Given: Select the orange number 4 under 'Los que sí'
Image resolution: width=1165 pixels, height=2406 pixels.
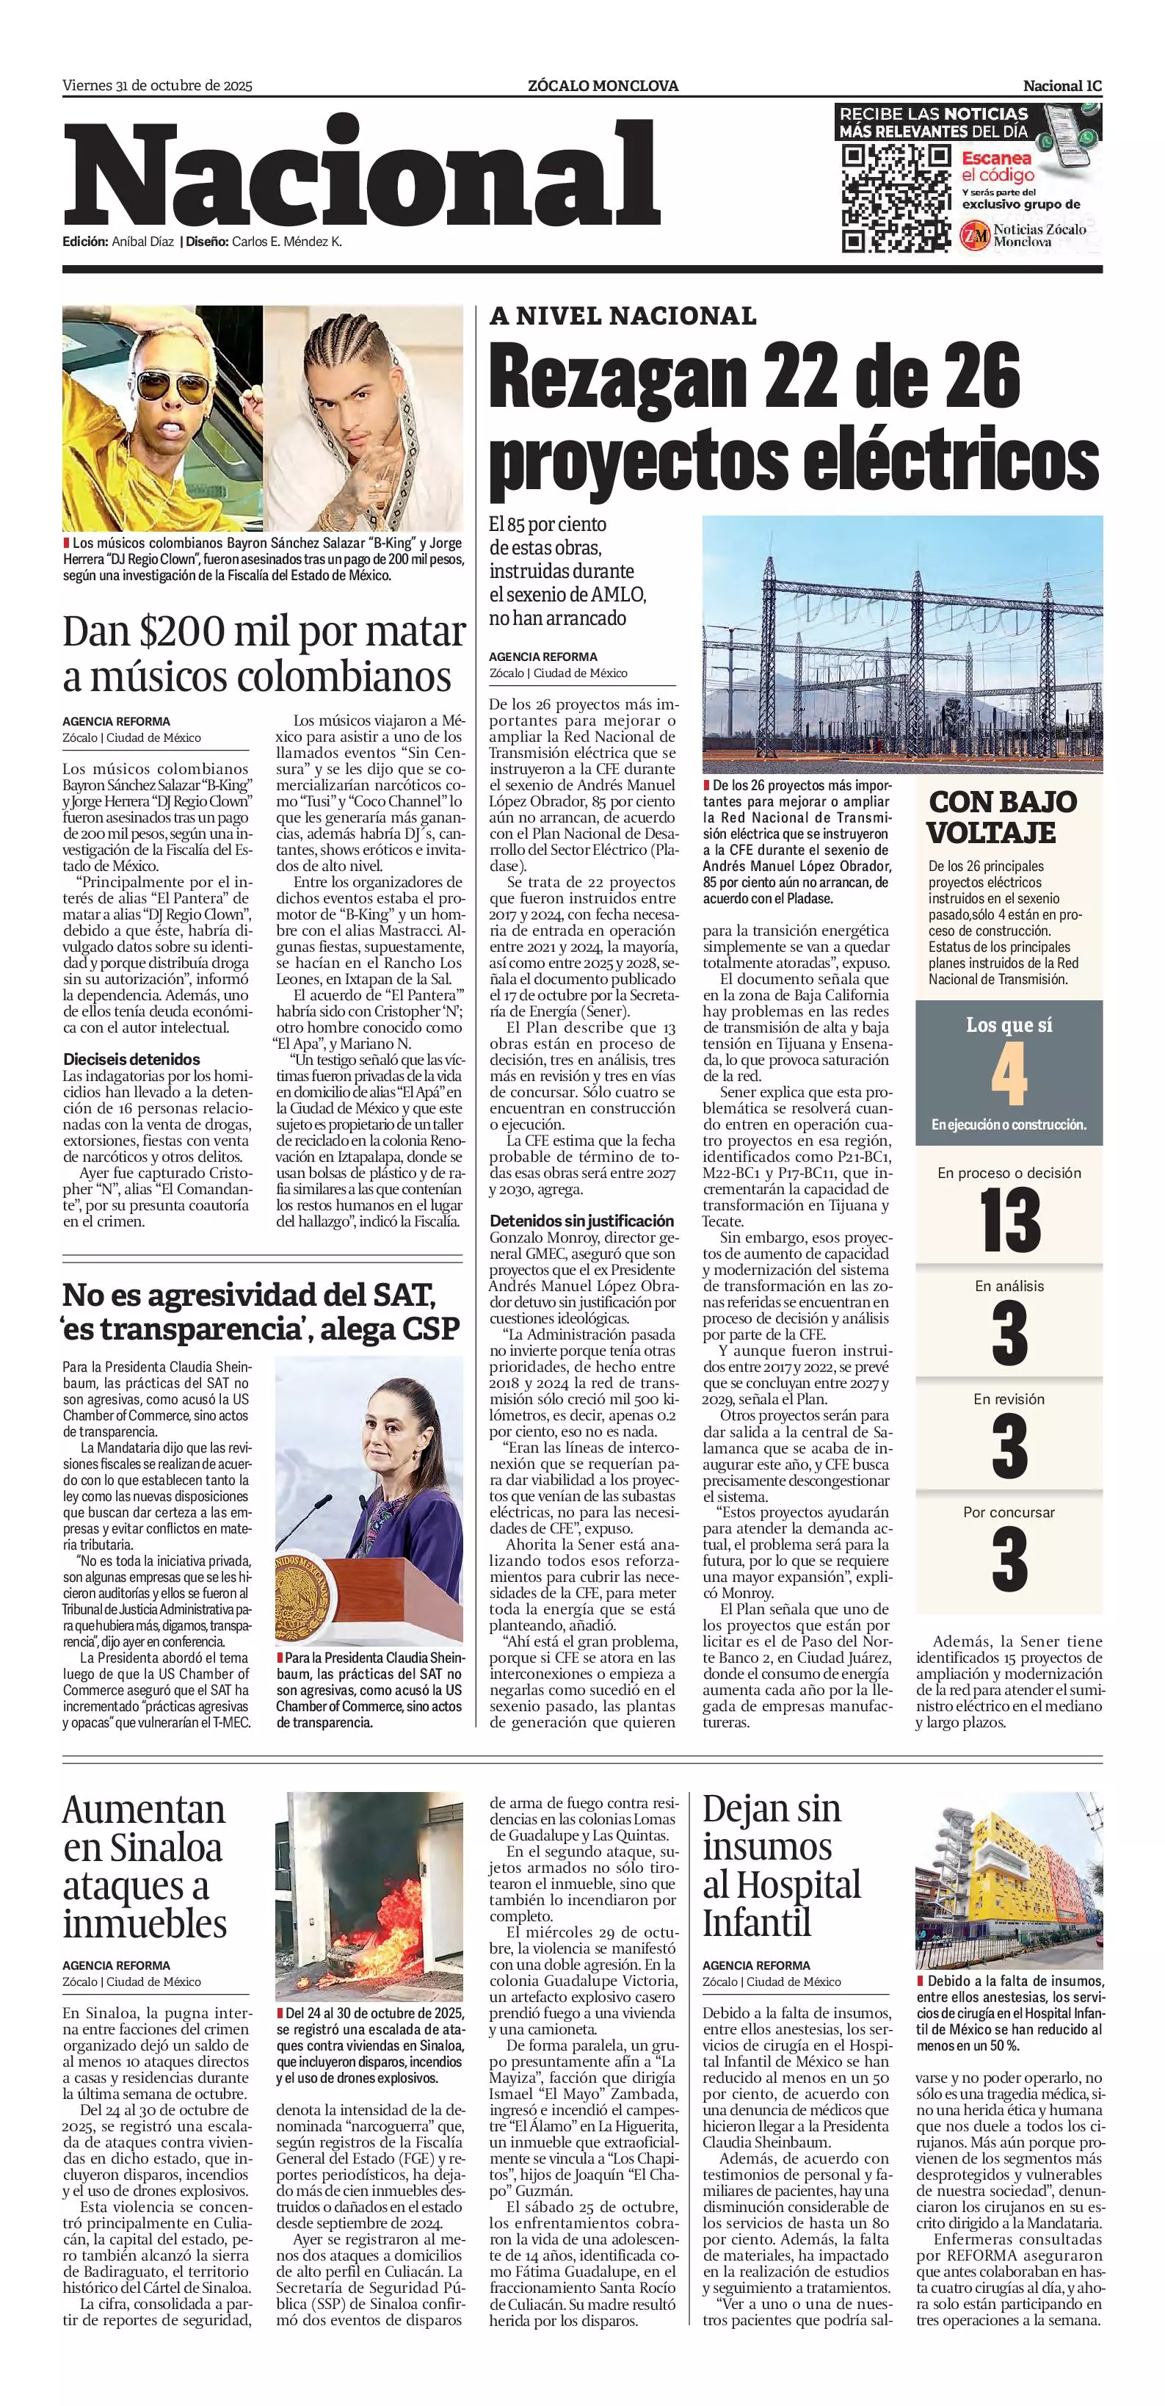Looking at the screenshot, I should coord(1009,1074).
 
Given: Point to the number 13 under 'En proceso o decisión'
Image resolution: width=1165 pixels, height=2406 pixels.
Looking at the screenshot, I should coord(1009,1221).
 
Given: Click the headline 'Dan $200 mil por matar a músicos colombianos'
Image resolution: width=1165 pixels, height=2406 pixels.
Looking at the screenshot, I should coord(264,654).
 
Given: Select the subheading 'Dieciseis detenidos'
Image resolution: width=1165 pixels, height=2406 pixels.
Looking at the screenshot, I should coord(131,1059).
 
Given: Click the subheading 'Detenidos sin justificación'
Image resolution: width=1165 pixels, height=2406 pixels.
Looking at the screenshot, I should coord(581,1221).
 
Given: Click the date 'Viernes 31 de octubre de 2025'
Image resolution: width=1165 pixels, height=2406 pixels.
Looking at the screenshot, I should coord(158,86).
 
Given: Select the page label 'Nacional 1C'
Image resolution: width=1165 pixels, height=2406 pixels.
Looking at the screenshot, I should coord(1062,86).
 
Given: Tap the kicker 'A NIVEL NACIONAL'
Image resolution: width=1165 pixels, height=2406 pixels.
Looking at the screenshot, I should coord(623,317).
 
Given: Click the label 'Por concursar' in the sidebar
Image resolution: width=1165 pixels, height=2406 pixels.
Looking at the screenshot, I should coord(1009,1512).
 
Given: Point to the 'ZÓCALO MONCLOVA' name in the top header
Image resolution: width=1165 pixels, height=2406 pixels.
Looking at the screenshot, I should coord(603,86).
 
